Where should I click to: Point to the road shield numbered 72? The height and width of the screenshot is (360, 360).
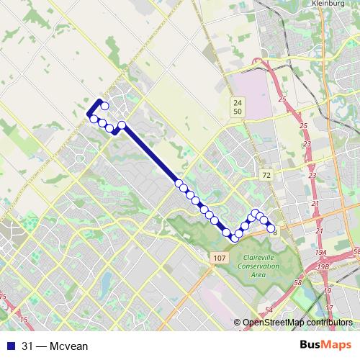point(266,175)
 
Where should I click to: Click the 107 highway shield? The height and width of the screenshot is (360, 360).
point(220,258)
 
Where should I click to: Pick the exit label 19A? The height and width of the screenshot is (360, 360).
point(319,251)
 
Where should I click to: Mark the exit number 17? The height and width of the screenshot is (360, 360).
point(328,290)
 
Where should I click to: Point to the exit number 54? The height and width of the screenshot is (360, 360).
point(269,310)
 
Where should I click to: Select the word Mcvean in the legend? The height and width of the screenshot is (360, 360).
point(71,346)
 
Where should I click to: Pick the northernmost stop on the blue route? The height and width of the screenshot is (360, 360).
point(104,106)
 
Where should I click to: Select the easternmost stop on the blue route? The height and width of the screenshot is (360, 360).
point(271,228)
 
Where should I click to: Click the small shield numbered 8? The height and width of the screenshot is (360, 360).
point(275,233)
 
